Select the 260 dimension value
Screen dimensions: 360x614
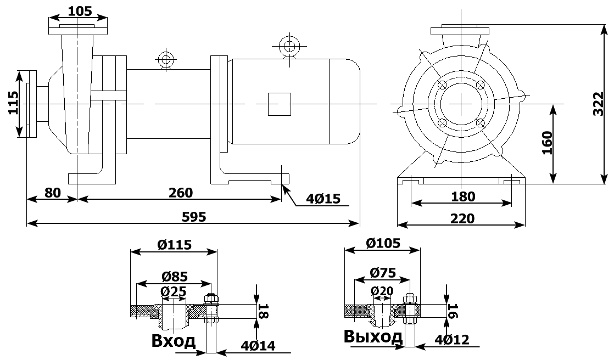[x=181, y=193]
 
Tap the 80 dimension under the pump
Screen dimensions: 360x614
[x=52, y=193]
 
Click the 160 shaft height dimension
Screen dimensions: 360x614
[x=548, y=143]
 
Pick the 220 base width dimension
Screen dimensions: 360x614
[x=462, y=218]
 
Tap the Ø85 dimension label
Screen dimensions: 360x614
[x=174, y=276]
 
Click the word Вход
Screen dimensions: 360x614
[x=173, y=341]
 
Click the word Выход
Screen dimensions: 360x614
[x=373, y=336]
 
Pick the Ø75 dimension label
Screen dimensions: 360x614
[x=383, y=272]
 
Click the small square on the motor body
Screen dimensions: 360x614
[x=279, y=104]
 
